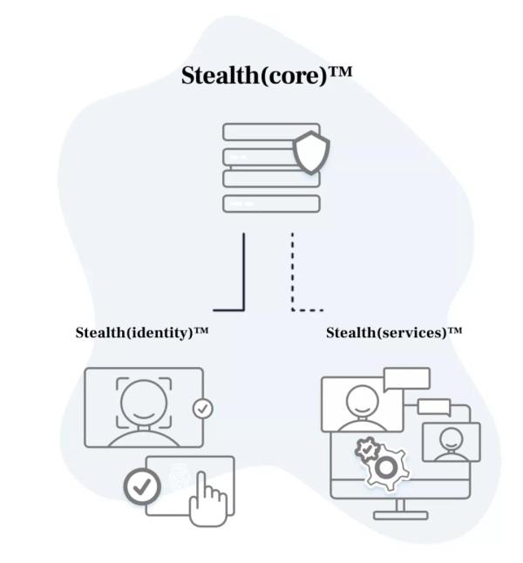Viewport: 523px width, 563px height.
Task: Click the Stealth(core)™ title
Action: coord(266,75)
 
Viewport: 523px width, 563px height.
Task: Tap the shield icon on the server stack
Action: coord(311,153)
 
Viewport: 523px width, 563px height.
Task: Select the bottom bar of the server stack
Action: coord(271,204)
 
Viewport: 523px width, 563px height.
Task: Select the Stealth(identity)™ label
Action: coord(142,332)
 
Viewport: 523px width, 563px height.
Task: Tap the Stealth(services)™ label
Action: coord(393,332)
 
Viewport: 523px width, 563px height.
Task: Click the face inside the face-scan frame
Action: coord(144,399)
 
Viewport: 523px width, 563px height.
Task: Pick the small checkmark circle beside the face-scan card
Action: coord(203,407)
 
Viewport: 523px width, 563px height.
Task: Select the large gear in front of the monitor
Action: coord(384,469)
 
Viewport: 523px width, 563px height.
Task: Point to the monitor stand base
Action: coord(400,514)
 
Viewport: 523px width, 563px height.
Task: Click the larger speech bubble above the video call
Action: coord(406,379)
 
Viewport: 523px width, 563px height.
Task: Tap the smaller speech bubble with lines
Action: coord(433,407)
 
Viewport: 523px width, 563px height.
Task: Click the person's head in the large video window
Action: coord(360,399)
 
